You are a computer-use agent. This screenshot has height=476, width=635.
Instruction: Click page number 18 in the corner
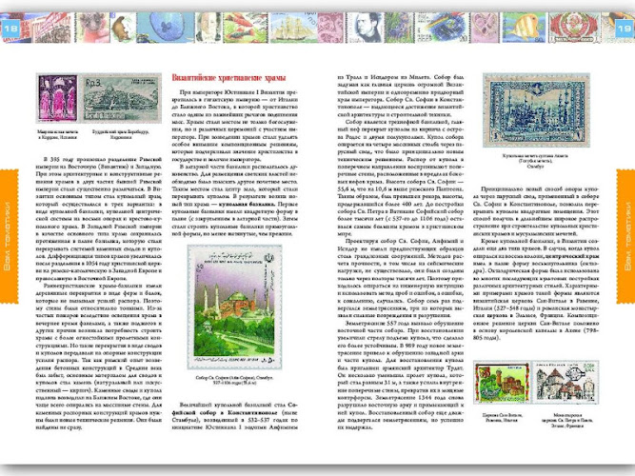coord(12,30)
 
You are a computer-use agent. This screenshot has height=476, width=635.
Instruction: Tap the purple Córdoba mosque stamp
coord(52,97)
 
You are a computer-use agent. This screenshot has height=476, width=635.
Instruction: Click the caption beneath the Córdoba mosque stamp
coord(52,127)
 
